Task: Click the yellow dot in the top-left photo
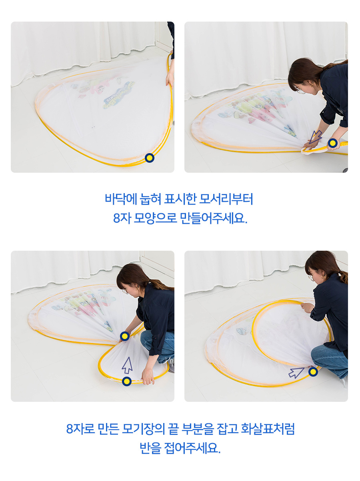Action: tap(150, 158)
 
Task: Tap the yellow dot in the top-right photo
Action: tap(332, 143)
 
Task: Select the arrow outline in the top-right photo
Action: tap(316, 137)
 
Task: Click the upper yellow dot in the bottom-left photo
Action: tap(125, 336)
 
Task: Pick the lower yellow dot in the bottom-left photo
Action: tap(127, 381)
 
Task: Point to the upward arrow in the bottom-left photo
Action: tap(127, 365)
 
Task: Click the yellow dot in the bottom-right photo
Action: tap(313, 372)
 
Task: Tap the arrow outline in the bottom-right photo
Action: tap(296, 372)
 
